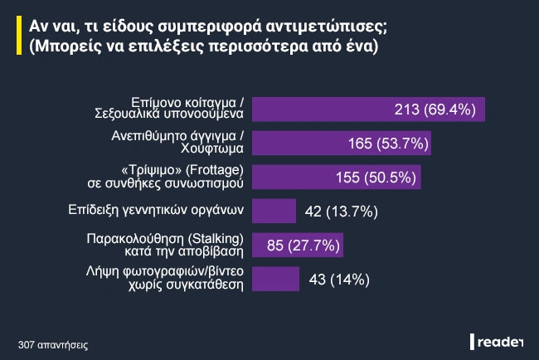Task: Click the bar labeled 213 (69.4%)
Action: tap(367, 109)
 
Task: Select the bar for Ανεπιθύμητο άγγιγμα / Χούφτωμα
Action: tap(340, 144)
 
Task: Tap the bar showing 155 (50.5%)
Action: tap(336, 178)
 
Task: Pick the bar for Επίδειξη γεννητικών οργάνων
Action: tap(273, 211)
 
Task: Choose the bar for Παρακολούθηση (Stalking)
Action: tap(297, 245)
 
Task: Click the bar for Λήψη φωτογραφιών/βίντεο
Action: tap(274, 279)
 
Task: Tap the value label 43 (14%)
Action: tap(339, 279)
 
